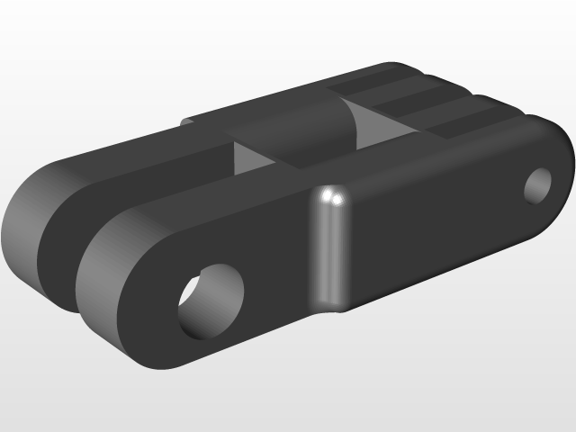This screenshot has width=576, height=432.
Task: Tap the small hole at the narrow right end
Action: (x=538, y=184)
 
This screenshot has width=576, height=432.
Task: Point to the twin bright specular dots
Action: (x=332, y=195)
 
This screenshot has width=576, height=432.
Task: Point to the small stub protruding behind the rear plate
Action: (x=189, y=119)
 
